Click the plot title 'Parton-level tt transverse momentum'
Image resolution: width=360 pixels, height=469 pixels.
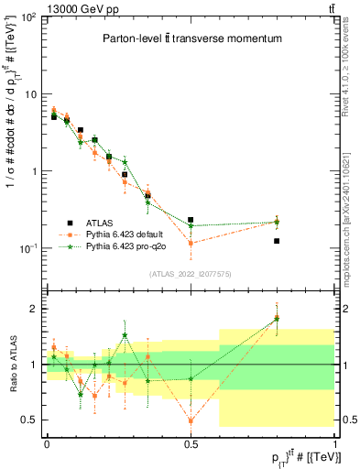[191, 38]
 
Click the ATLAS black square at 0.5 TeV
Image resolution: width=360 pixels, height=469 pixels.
[191, 220]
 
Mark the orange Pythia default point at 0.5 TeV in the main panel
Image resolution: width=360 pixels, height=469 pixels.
[191, 243]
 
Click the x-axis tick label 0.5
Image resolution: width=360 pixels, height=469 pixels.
[191, 442]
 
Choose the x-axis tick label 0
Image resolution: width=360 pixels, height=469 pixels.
[47, 442]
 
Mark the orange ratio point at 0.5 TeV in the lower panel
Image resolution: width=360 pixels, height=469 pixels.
[191, 420]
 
